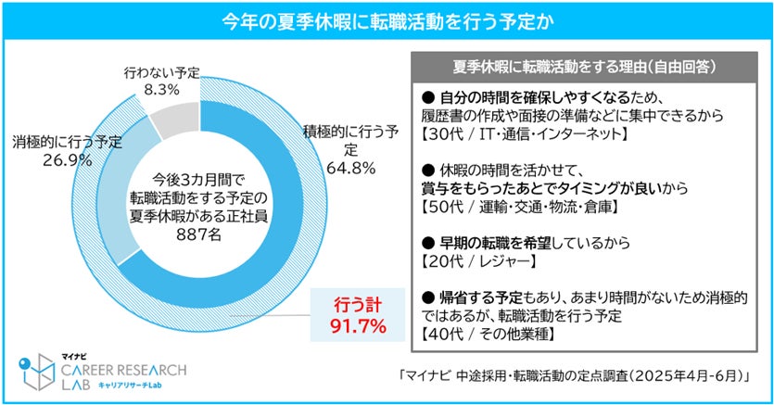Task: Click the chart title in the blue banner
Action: (387, 21)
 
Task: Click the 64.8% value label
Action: (351, 169)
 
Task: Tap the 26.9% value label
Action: (67, 160)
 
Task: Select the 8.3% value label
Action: (161, 90)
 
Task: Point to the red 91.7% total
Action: (359, 326)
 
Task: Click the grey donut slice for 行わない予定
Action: (176, 118)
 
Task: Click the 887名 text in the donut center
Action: (199, 234)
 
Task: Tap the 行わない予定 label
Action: (162, 73)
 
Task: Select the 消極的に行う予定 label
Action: (67, 143)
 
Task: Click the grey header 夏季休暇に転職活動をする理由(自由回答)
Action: (584, 67)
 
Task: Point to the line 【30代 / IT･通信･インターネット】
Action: (525, 133)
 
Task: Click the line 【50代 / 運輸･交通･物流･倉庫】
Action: (520, 207)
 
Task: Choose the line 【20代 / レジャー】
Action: (478, 261)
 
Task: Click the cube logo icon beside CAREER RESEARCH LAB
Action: (37, 372)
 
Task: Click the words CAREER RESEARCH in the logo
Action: (124, 370)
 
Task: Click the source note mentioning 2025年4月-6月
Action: (575, 376)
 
